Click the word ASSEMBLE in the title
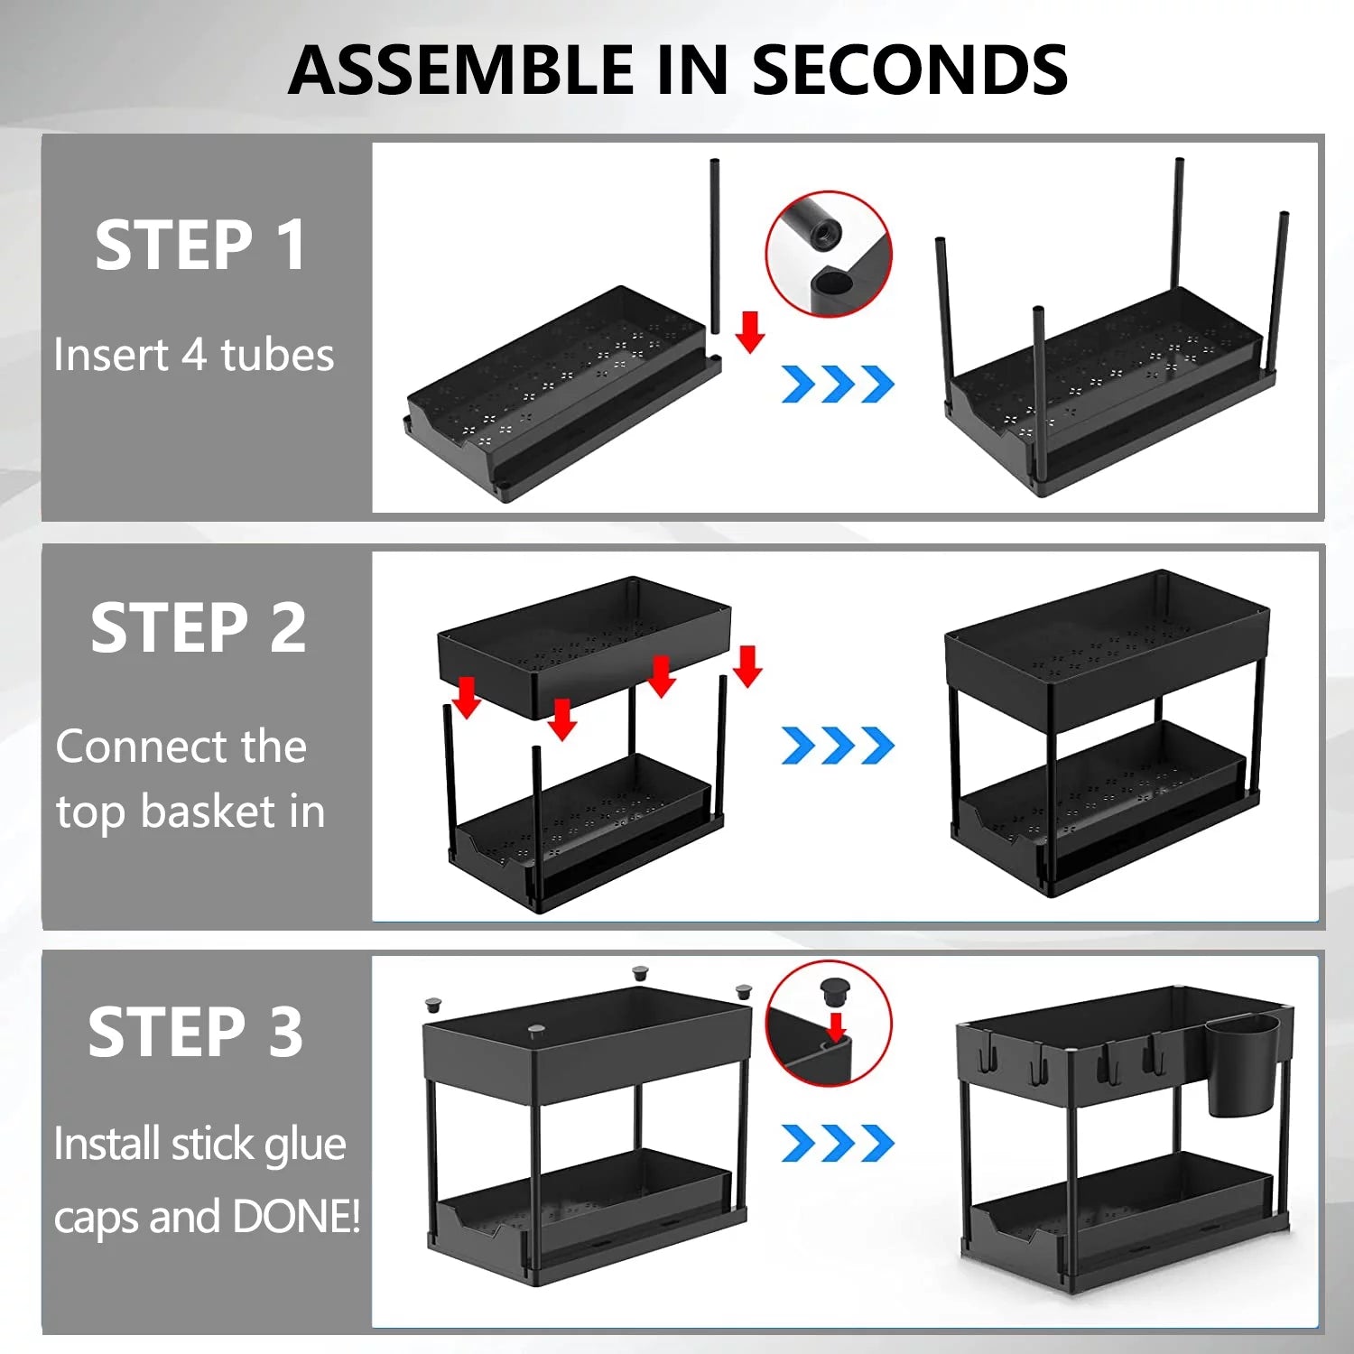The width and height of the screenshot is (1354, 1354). click(461, 70)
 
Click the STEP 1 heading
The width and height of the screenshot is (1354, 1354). click(200, 246)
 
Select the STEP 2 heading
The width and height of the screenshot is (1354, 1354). click(199, 628)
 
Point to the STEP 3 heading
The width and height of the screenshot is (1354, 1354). click(196, 1032)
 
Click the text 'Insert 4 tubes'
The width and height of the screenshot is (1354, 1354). click(193, 355)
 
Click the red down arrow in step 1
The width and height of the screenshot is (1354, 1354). click(749, 331)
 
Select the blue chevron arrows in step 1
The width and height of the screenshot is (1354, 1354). click(837, 384)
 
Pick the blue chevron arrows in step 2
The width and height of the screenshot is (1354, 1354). click(837, 745)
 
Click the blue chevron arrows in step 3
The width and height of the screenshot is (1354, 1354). click(837, 1143)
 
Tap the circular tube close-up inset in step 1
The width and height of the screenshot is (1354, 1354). click(829, 255)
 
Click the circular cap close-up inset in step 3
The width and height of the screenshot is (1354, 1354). click(829, 1024)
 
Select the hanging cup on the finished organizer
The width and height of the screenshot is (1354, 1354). click(1243, 1065)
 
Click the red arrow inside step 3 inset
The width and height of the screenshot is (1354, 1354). click(836, 1026)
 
